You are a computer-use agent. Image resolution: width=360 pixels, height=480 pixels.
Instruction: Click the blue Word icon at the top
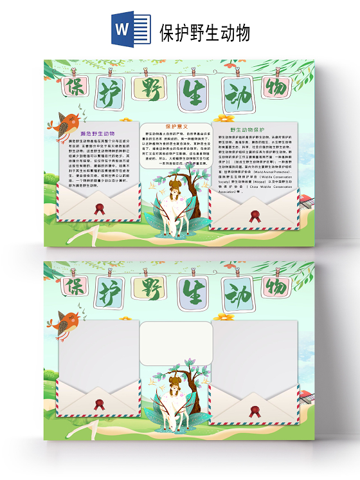click(x=122, y=29)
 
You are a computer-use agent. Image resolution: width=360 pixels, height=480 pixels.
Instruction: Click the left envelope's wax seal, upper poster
click(x=99, y=208)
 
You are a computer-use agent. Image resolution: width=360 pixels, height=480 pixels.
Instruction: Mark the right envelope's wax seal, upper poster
click(x=255, y=216)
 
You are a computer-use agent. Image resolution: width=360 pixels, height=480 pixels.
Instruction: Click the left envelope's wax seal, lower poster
click(x=99, y=405)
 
